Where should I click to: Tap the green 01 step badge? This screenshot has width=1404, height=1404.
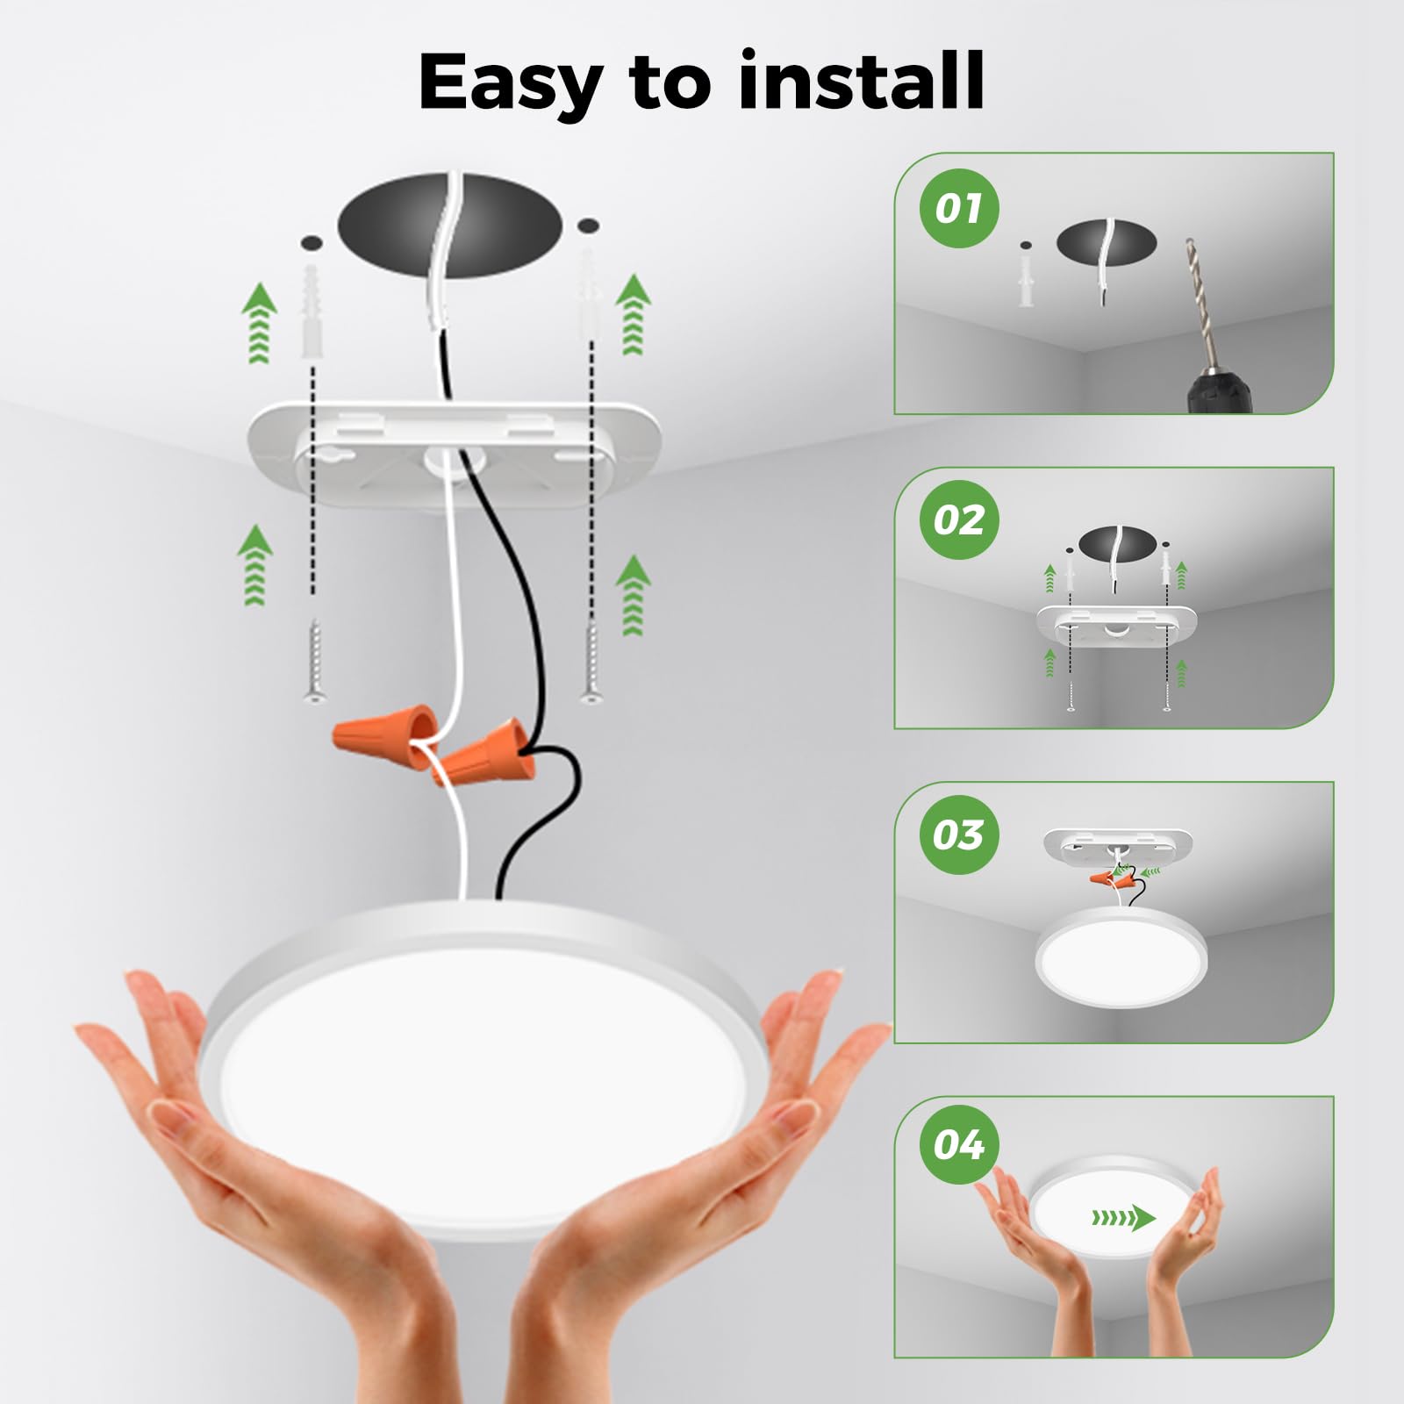coord(959,209)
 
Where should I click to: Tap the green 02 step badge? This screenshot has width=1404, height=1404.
coord(959,520)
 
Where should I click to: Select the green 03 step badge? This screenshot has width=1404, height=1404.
coord(959,835)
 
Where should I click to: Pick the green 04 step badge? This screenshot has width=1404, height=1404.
coord(959,1145)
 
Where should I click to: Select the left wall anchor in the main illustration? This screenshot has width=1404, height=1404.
coord(311,312)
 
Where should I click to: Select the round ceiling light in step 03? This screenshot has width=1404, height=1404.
coord(1121,958)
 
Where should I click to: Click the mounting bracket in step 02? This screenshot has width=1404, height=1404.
coord(1116,624)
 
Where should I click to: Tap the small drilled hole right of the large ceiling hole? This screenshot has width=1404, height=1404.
coord(589,226)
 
